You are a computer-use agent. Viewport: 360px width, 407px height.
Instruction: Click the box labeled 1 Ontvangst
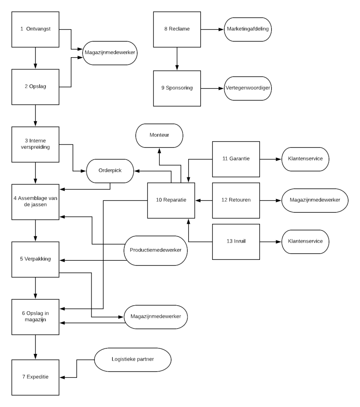pyautogui.click(x=35, y=29)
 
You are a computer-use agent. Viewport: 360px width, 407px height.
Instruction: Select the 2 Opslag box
pyautogui.click(x=35, y=87)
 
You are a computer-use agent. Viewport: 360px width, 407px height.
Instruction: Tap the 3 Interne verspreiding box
pyautogui.click(x=35, y=144)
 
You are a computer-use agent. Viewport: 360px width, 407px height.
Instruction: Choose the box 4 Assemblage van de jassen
pyautogui.click(x=35, y=201)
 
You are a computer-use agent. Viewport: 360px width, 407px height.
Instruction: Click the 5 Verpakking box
pyautogui.click(x=35, y=259)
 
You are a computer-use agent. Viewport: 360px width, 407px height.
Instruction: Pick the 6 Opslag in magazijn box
pyautogui.click(x=35, y=317)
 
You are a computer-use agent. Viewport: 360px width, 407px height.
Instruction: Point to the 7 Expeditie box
pyautogui.click(x=35, y=377)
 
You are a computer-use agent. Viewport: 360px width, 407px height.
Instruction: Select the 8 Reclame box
pyautogui.click(x=177, y=29)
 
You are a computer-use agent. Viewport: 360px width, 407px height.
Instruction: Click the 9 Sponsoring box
pyautogui.click(x=177, y=88)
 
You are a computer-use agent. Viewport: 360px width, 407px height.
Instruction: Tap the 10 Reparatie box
pyautogui.click(x=171, y=200)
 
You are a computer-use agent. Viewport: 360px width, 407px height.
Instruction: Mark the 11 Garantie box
pyautogui.click(x=236, y=159)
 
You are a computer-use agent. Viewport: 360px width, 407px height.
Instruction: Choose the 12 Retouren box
pyautogui.click(x=236, y=200)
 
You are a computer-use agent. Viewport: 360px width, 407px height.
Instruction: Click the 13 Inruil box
pyautogui.click(x=236, y=241)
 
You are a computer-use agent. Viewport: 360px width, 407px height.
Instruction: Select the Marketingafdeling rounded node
pyautogui.click(x=248, y=29)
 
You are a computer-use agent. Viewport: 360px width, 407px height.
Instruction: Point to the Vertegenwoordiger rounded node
pyautogui.click(x=248, y=88)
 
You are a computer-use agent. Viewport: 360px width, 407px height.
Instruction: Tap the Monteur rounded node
pyautogui.click(x=159, y=136)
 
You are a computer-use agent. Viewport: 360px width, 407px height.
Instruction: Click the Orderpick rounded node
pyautogui.click(x=110, y=171)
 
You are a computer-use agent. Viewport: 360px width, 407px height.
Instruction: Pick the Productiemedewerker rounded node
pyautogui.click(x=155, y=250)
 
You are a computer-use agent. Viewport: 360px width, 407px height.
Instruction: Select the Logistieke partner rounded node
pyautogui.click(x=132, y=359)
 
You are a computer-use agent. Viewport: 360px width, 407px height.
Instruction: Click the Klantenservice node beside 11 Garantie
pyautogui.click(x=305, y=159)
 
